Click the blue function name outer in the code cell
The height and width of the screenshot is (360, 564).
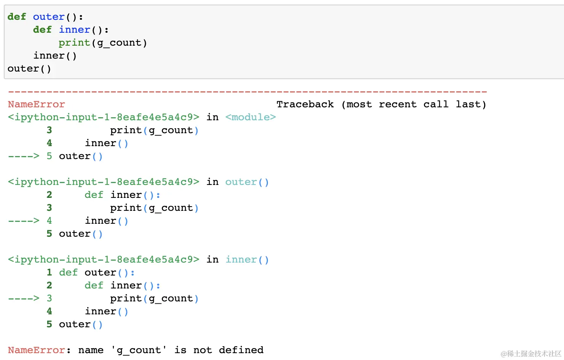49,17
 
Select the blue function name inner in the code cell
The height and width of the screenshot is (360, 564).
75,30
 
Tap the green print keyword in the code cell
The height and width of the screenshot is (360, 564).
74,43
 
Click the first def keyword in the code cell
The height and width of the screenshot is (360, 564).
17,17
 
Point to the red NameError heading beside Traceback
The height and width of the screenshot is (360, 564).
37,104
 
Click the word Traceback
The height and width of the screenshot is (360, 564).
305,104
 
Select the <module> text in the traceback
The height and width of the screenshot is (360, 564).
250,117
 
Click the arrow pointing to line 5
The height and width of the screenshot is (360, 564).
24,156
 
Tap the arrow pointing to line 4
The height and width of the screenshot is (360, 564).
24,221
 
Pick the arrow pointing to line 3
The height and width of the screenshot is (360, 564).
24,298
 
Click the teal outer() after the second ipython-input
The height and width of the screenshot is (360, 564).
247,182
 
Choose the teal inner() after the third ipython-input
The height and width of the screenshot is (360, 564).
247,260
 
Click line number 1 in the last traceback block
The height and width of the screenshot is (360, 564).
49,272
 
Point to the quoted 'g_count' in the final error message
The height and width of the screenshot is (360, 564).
139,350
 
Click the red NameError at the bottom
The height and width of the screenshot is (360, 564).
37,350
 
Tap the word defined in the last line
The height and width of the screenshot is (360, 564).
241,350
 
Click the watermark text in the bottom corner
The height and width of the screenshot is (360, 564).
531,354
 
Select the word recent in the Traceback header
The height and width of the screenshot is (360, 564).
398,104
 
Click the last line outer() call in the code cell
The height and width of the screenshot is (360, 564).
29,68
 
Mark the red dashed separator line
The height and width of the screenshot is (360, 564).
247,92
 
